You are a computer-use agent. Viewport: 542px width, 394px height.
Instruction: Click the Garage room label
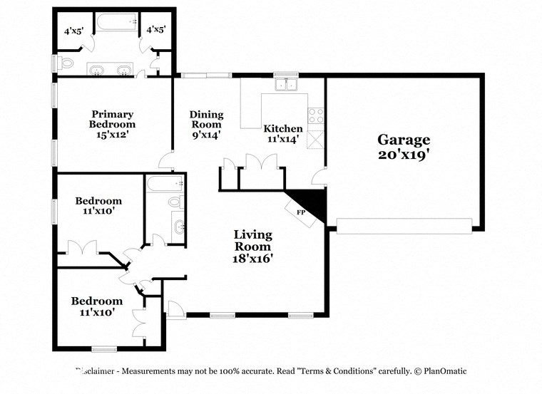click(404, 140)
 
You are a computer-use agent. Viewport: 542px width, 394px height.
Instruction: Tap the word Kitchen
click(283, 129)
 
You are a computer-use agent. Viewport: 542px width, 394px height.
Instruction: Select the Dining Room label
click(206, 119)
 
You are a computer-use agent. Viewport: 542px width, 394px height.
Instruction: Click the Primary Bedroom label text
click(113, 118)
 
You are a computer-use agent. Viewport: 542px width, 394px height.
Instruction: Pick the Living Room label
click(253, 240)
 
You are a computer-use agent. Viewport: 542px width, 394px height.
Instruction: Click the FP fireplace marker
click(301, 212)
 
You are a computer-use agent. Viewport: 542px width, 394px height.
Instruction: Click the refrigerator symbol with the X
click(315, 138)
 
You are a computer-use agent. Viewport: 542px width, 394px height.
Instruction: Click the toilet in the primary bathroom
click(66, 63)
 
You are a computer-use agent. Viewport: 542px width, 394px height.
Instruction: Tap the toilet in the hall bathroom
click(175, 202)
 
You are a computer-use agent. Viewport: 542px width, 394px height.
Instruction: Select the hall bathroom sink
click(178, 227)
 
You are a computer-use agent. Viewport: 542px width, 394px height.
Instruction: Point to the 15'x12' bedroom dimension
click(113, 133)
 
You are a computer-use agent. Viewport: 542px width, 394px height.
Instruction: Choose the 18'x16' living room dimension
click(253, 258)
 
